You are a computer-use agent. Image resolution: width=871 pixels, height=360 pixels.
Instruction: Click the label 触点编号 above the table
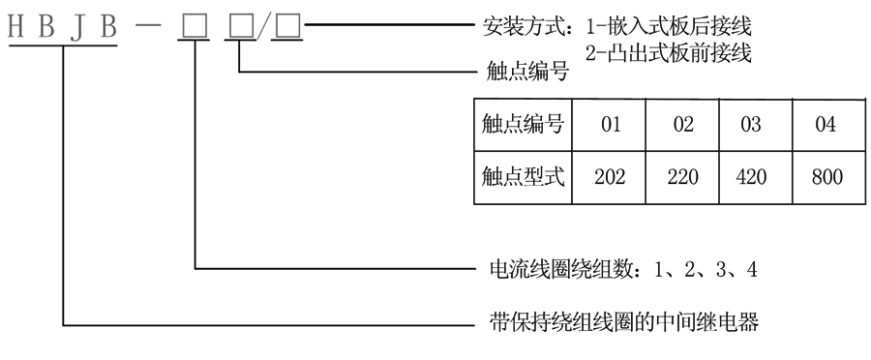[x=524, y=71]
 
